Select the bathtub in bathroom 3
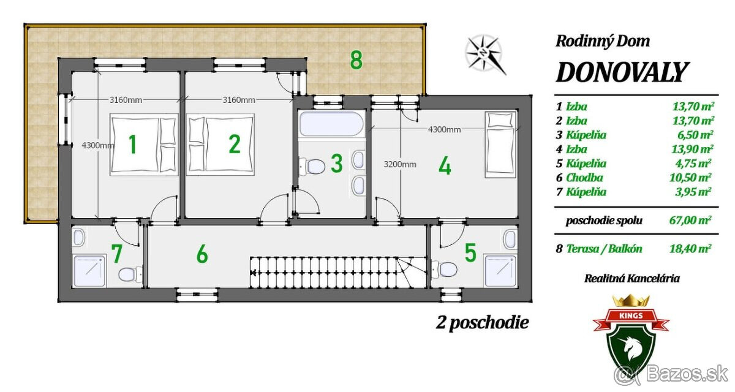332,124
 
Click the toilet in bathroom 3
312,166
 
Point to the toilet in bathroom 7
130,274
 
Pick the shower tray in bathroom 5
501,271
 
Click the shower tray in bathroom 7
89,271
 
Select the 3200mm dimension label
400,164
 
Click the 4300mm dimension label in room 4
444,130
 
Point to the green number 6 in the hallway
202,254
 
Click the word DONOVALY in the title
622,72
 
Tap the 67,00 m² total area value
690,220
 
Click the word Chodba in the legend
584,178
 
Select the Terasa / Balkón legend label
604,249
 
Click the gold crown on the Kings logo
631,301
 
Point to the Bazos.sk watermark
671,375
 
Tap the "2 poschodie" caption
483,323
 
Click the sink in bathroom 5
510,239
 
